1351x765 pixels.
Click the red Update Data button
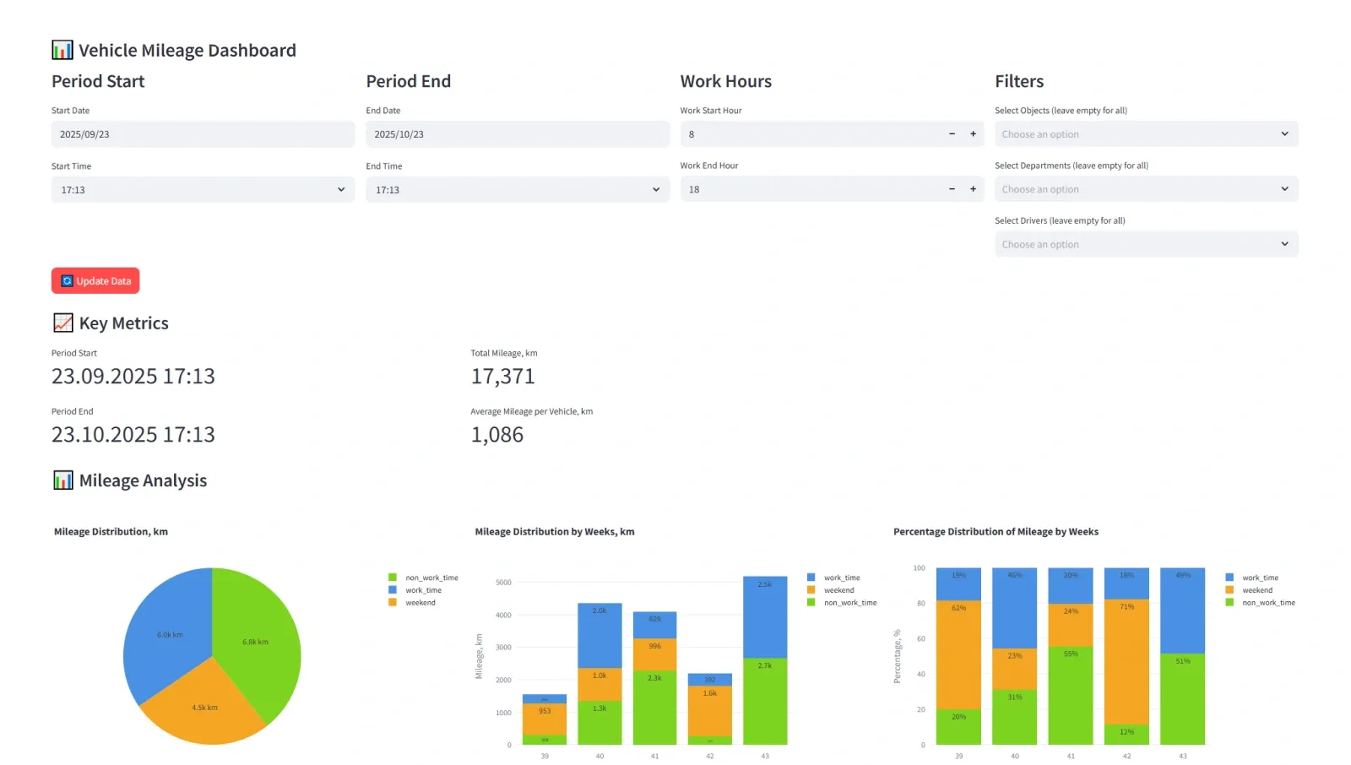(95, 281)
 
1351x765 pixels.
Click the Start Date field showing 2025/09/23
(203, 134)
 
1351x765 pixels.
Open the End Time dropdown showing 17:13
(517, 190)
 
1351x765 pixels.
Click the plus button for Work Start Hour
(973, 134)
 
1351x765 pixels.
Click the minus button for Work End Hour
(952, 189)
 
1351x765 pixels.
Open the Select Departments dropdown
(1145, 189)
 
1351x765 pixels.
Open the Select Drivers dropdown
(1145, 245)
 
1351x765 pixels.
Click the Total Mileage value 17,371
(502, 377)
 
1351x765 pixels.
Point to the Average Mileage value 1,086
(496, 435)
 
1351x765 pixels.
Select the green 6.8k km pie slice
(255, 643)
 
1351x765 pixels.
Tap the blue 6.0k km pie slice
(170, 635)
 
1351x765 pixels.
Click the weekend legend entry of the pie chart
(420, 603)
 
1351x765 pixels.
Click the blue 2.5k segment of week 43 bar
(764, 616)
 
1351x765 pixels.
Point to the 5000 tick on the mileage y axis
(503, 583)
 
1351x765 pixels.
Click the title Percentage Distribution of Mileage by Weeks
(996, 532)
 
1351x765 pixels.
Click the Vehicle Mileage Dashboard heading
(187, 51)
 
